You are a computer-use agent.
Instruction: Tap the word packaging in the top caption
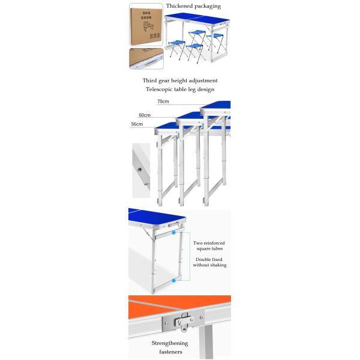pyautogui.click(x=208, y=6)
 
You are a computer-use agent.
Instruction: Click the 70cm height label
pyautogui.click(x=163, y=101)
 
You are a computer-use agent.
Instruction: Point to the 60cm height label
pyautogui.click(x=145, y=115)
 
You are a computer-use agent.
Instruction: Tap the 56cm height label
pyautogui.click(x=137, y=124)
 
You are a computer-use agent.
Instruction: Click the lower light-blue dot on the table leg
pyautogui.click(x=173, y=280)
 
